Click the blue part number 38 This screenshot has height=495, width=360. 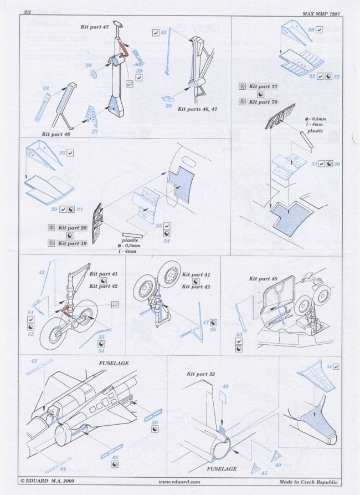pyautogui.click(x=46, y=88)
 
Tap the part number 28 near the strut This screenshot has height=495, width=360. pyautogui.click(x=88, y=65)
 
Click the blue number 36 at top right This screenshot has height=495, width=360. pyautogui.click(x=311, y=29)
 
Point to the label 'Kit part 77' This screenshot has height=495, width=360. pyautogui.click(x=263, y=87)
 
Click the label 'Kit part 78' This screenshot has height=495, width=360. pyautogui.click(x=263, y=102)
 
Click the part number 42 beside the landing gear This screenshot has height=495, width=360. pyautogui.click(x=42, y=272)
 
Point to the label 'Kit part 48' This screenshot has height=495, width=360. pyautogui.click(x=263, y=279)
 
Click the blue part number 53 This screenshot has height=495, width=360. pyautogui.click(x=239, y=334)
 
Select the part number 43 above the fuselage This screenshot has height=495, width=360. pyautogui.click(x=34, y=361)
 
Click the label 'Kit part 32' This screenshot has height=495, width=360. pyautogui.click(x=200, y=374)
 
